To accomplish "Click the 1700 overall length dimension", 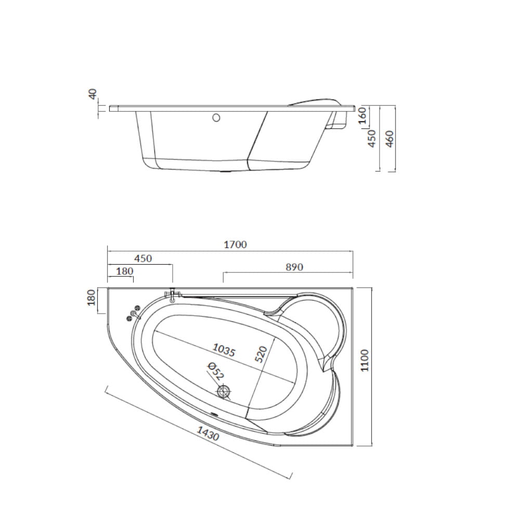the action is (x=235, y=245).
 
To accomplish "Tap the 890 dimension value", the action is (x=294, y=267).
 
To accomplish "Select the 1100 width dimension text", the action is (x=365, y=360).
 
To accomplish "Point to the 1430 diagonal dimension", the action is (x=208, y=434).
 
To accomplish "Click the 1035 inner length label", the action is (x=224, y=349).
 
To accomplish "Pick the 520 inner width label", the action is (x=261, y=354).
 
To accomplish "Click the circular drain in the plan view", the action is (x=224, y=392).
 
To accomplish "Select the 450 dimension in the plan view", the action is (x=143, y=258).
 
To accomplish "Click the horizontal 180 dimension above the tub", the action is (x=125, y=271).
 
